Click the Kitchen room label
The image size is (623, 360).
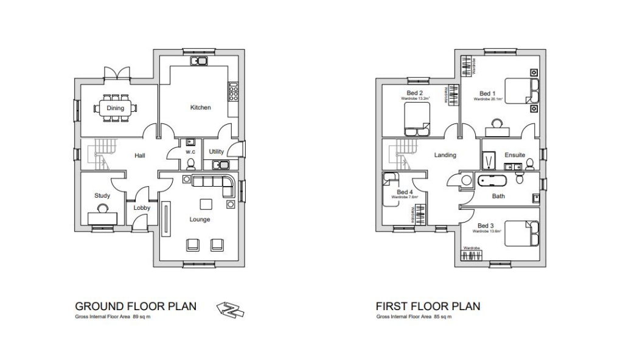(200, 108)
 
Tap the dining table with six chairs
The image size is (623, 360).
(116, 108)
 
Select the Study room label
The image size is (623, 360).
(102, 196)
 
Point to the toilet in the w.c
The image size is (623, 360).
(191, 164)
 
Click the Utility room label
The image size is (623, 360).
(217, 151)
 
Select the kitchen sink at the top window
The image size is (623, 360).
(199, 61)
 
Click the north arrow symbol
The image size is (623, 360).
(230, 309)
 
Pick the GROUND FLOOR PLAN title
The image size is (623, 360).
(135, 306)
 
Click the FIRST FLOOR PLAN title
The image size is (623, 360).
(428, 306)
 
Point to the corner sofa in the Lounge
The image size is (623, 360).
(213, 182)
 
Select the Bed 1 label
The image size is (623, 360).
(487, 93)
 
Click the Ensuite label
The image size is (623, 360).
(514, 155)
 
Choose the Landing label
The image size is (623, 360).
(445, 155)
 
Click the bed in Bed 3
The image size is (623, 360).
(521, 234)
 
